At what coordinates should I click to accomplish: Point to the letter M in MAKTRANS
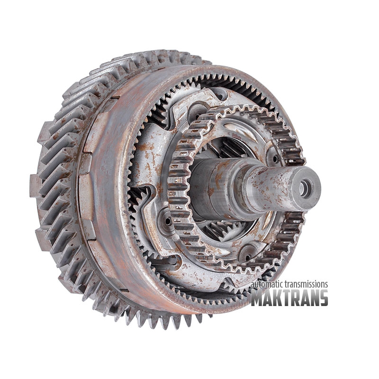(x=258, y=298)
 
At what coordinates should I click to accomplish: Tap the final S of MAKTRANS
(x=323, y=298)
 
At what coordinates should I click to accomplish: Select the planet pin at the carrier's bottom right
(x=247, y=257)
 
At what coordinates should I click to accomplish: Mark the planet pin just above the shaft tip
(x=275, y=159)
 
